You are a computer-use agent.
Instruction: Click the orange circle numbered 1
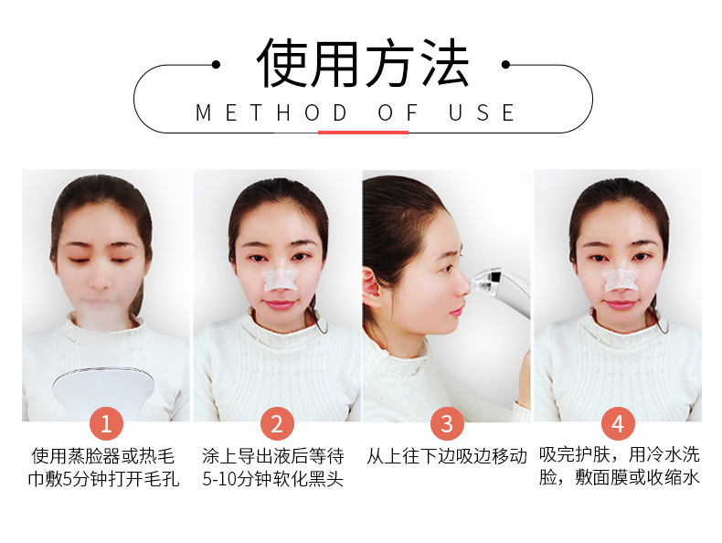(x=106, y=423)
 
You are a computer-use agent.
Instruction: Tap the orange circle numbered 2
(x=277, y=423)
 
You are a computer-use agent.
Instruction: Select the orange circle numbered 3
(x=447, y=423)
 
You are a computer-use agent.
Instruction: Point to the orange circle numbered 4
(x=618, y=423)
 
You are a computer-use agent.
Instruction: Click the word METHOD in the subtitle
(x=271, y=112)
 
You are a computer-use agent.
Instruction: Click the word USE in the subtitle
(x=482, y=112)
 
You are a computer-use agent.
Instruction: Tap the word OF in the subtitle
(x=398, y=112)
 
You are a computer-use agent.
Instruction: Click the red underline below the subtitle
(x=364, y=133)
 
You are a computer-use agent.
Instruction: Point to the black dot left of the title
(x=216, y=65)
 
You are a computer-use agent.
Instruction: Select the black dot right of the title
(x=505, y=65)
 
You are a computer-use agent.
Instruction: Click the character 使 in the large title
(x=282, y=63)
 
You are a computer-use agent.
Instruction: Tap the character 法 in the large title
(x=444, y=63)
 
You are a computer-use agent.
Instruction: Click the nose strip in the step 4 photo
(x=621, y=279)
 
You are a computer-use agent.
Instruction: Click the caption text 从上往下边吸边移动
(x=447, y=456)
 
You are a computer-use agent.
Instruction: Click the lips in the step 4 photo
(x=621, y=304)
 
